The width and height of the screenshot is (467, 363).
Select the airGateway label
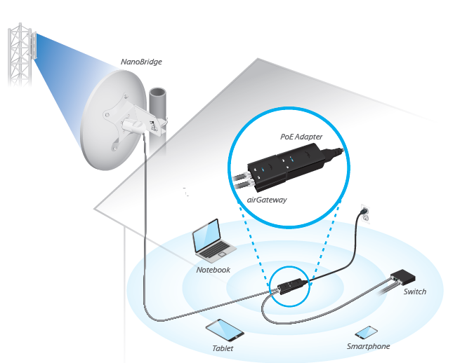(x=268, y=200)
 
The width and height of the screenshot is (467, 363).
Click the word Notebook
(x=213, y=270)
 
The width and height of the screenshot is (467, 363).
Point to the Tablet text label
(x=223, y=348)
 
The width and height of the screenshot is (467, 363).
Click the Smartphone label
(x=368, y=346)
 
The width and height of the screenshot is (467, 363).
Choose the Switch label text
(x=414, y=292)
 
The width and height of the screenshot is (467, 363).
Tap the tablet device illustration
(x=223, y=329)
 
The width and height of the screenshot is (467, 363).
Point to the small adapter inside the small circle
(x=290, y=287)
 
